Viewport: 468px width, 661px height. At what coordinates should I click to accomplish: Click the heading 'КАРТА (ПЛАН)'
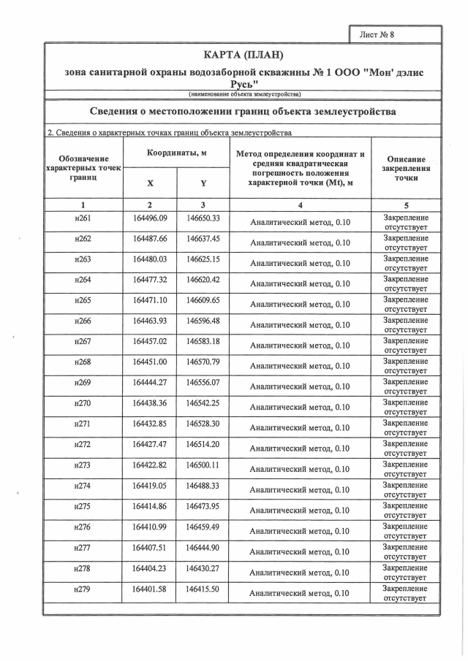click(x=243, y=56)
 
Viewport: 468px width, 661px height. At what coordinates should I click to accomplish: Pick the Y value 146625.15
click(x=203, y=259)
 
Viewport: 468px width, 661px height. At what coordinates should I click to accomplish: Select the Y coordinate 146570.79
click(x=203, y=362)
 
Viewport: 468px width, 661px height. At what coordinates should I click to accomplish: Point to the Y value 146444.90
click(x=203, y=546)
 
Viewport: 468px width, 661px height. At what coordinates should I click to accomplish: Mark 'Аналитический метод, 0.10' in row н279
click(x=300, y=594)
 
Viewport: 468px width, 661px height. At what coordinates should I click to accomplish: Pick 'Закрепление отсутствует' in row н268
click(x=405, y=366)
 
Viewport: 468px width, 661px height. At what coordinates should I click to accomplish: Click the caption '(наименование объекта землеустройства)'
click(x=243, y=93)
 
